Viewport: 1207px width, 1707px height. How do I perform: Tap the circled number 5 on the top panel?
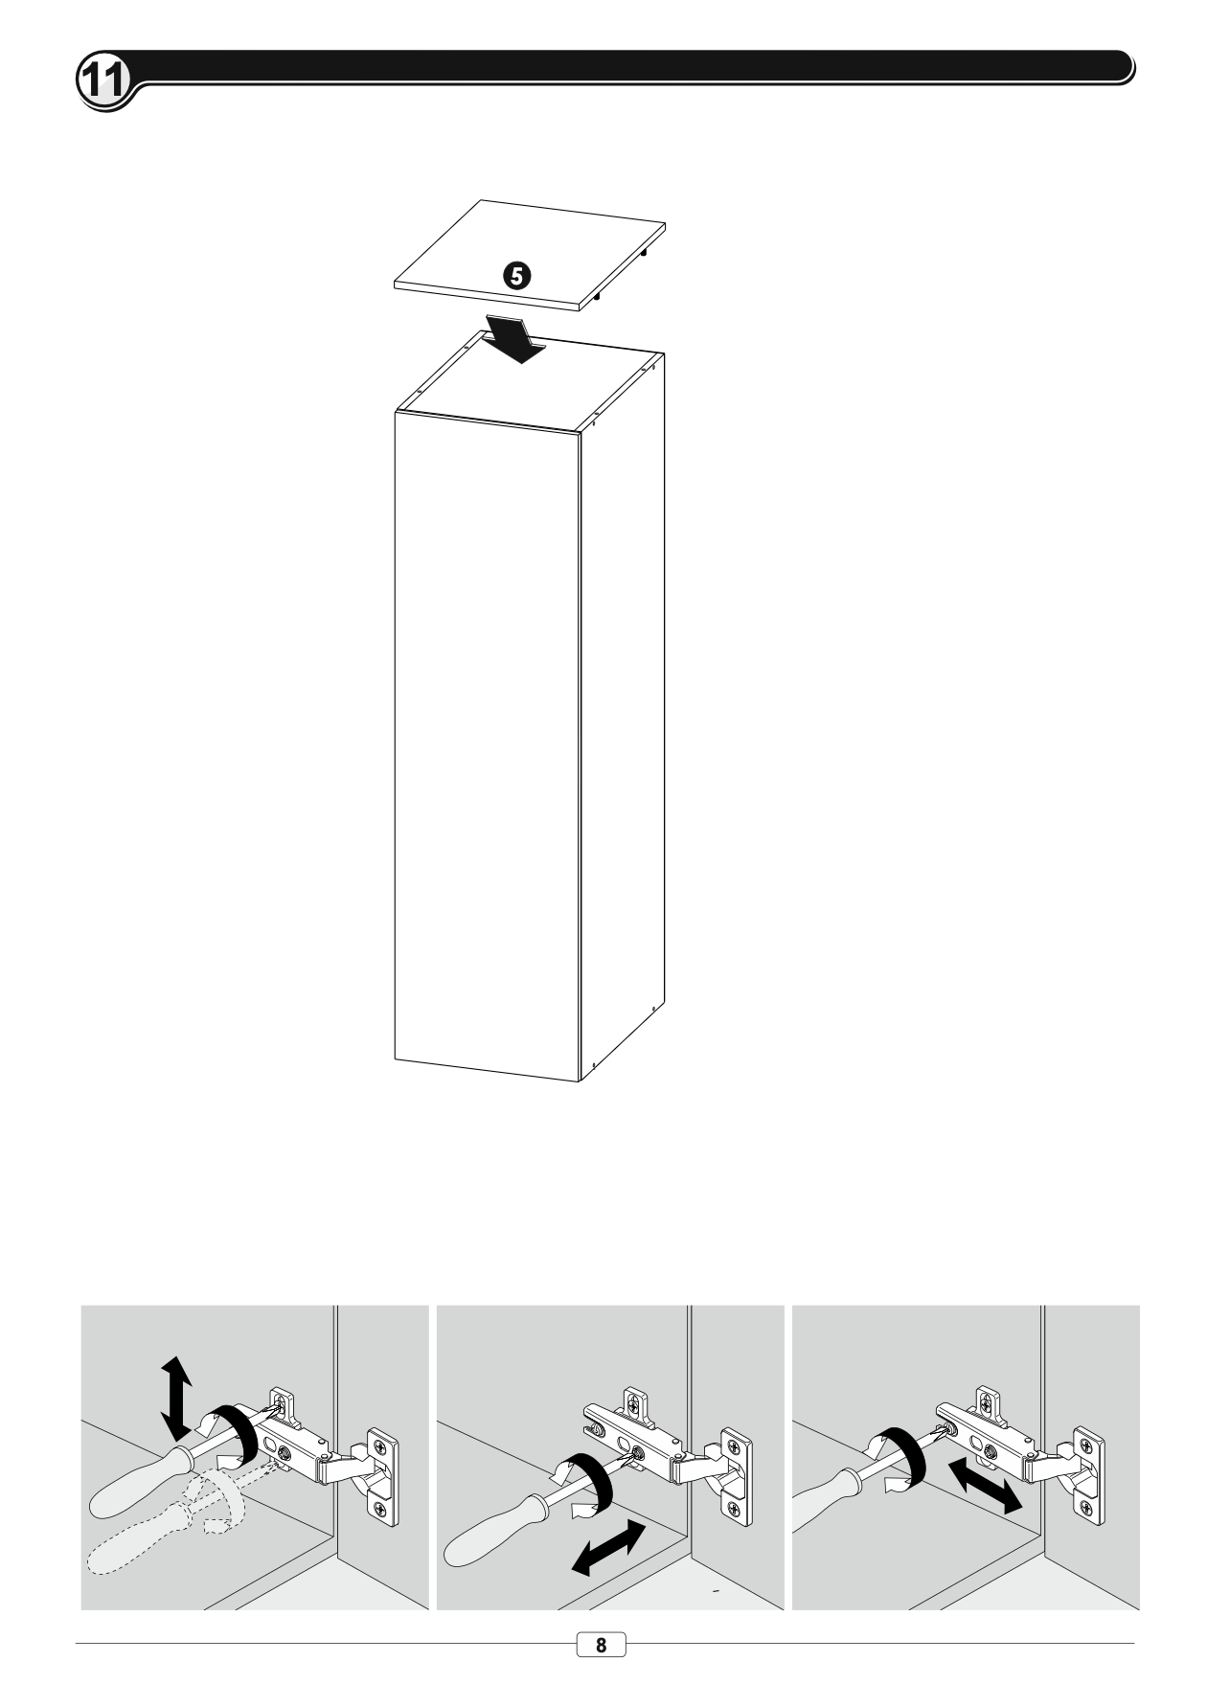pyautogui.click(x=515, y=277)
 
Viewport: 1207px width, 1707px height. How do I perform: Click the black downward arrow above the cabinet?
pyautogui.click(x=515, y=339)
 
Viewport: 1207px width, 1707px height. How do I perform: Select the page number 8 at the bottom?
pyautogui.click(x=601, y=1645)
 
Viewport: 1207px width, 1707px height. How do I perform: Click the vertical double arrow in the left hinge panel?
pyautogui.click(x=175, y=1398)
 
